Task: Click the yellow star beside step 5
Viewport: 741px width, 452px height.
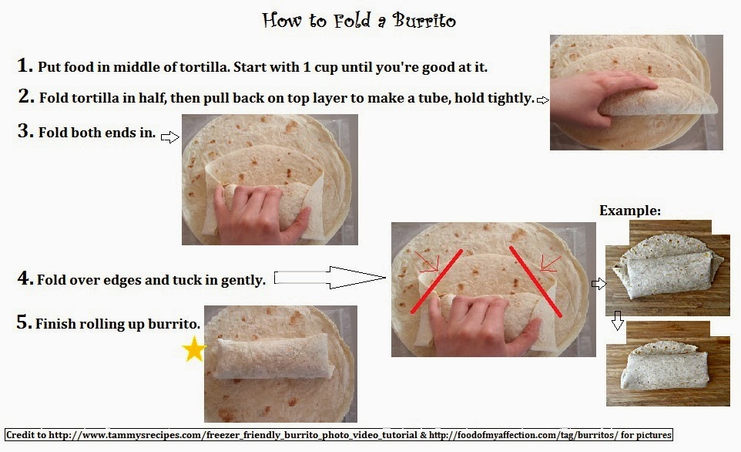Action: click(194, 349)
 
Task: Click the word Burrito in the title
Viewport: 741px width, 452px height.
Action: click(424, 20)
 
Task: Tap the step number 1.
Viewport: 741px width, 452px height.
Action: click(25, 66)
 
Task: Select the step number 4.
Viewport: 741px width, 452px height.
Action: click(25, 278)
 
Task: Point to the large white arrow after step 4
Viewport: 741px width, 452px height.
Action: click(330, 278)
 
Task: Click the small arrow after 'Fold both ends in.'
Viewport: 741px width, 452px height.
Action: click(170, 137)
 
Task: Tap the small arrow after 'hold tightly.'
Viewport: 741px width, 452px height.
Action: click(543, 100)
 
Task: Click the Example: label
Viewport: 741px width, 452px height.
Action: click(630, 211)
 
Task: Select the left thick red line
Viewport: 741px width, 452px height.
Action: click(437, 281)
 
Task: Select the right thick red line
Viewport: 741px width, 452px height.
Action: click(535, 281)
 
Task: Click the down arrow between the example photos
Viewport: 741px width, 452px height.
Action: click(617, 320)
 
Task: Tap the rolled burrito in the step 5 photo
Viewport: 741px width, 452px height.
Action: click(274, 356)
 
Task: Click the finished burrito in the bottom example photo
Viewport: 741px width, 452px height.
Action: click(666, 370)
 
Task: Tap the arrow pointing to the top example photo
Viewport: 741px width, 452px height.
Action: click(598, 284)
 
